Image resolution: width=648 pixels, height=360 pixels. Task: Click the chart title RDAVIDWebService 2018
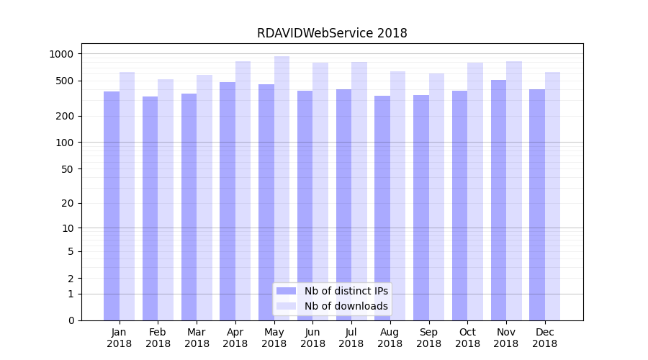(332, 33)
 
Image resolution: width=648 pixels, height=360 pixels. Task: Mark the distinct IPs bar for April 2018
(228, 201)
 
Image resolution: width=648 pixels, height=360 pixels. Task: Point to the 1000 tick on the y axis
(61, 54)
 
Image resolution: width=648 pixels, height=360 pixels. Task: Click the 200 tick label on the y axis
(64, 116)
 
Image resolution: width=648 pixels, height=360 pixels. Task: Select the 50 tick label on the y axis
(67, 169)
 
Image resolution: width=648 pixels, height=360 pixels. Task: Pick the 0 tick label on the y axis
(71, 320)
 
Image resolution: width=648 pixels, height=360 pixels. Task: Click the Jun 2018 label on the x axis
(312, 338)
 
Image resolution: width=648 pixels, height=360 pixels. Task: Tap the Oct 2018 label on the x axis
(467, 338)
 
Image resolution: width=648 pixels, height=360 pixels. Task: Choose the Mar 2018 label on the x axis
(197, 338)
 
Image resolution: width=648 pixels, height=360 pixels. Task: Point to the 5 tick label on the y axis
(71, 251)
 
